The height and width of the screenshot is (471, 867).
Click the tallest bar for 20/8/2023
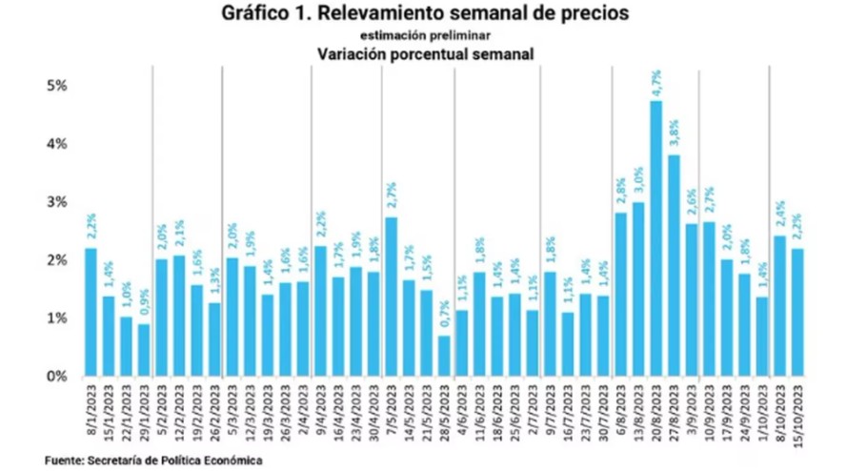(655, 238)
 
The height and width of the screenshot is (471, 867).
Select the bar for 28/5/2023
(444, 356)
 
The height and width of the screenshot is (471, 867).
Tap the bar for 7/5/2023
(391, 297)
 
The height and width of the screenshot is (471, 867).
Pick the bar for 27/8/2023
(674, 266)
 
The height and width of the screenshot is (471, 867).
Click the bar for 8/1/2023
(91, 312)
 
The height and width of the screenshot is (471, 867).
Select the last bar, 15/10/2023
(797, 313)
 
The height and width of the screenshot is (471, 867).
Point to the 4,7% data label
(656, 82)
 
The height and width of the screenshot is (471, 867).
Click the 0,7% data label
(445, 315)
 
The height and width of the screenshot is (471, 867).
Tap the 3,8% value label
(674, 133)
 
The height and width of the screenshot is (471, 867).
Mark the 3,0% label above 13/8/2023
(638, 180)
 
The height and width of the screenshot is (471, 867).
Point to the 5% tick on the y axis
(57, 86)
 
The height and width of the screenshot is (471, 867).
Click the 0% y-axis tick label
(57, 377)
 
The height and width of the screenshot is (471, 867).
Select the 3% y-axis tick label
(57, 202)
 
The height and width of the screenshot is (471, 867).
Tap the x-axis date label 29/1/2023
(144, 409)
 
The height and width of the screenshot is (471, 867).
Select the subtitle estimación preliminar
(425, 35)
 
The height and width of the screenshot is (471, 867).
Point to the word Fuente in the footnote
(63, 461)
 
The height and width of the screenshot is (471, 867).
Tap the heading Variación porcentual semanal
(425, 54)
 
